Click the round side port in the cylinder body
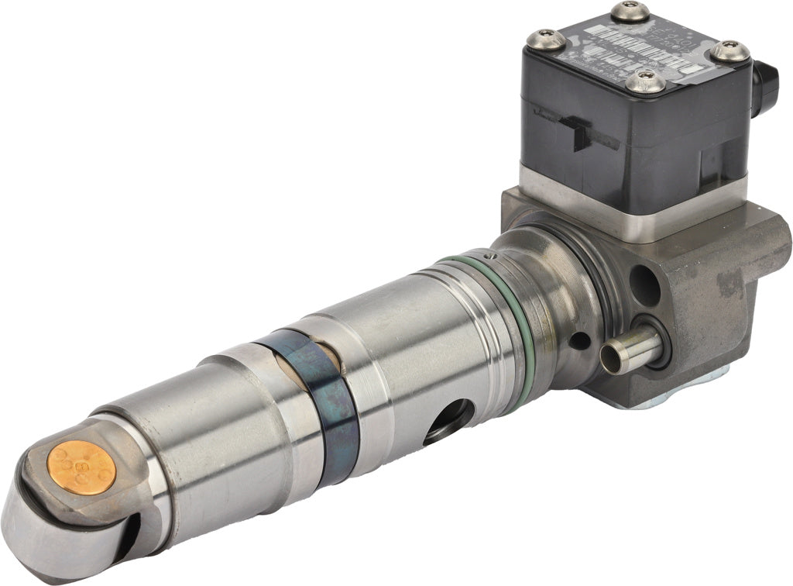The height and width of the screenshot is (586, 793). click(448, 419)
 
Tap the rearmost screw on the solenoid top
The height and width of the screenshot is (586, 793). click(629, 12)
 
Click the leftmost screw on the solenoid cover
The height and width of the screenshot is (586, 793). click(546, 40)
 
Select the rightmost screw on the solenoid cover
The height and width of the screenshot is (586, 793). click(730, 52)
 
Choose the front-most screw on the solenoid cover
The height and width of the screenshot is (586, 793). click(644, 81)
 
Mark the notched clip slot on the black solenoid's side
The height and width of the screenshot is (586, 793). click(581, 132)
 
